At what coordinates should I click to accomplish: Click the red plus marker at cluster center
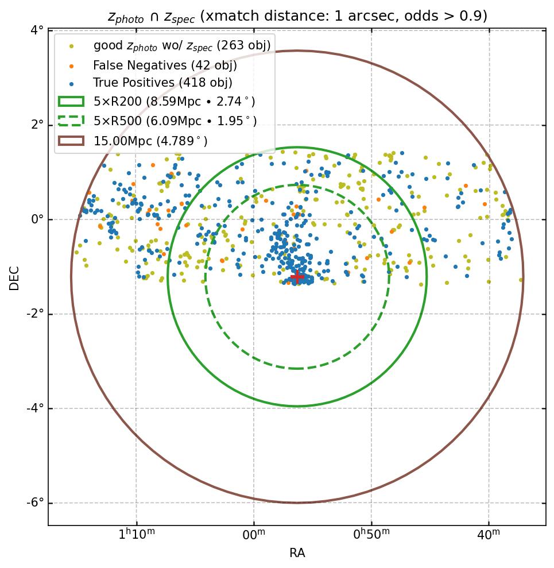(297, 277)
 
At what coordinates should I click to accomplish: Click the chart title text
(297, 16)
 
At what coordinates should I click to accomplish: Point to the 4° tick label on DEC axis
(37, 30)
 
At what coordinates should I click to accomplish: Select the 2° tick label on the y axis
(37, 125)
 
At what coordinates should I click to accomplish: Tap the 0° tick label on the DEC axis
(37, 219)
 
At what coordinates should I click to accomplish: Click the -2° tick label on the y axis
(35, 314)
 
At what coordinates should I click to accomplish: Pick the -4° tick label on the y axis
(35, 408)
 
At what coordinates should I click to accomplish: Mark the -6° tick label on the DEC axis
(35, 503)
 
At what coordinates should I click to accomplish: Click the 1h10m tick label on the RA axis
(137, 535)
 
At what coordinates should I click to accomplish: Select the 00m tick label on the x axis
(254, 535)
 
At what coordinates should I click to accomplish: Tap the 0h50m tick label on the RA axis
(371, 535)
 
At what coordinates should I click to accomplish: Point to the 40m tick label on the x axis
(489, 535)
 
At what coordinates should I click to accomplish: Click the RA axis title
(297, 554)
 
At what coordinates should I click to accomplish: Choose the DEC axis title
(14, 277)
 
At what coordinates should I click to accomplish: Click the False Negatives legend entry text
(165, 64)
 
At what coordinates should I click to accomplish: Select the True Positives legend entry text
(162, 83)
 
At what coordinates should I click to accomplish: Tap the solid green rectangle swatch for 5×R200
(72, 102)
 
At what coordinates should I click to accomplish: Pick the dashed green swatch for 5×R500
(72, 121)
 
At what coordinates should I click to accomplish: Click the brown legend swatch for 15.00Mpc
(72, 140)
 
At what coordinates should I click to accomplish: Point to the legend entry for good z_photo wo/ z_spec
(181, 45)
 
